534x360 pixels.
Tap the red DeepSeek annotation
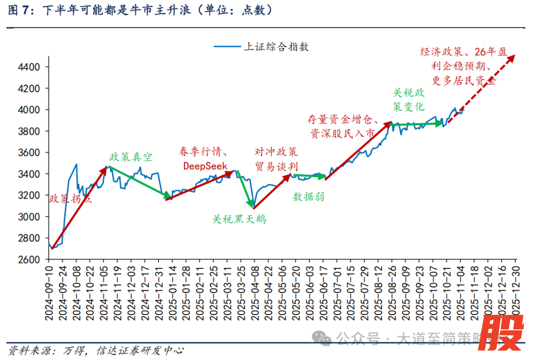(205, 166)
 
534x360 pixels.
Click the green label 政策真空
(131, 157)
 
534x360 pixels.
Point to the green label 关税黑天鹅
(239, 219)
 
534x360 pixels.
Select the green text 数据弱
(309, 196)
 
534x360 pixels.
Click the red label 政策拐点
(71, 199)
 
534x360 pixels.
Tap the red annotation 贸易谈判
(277, 167)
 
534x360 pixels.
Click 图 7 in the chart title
(19, 10)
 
